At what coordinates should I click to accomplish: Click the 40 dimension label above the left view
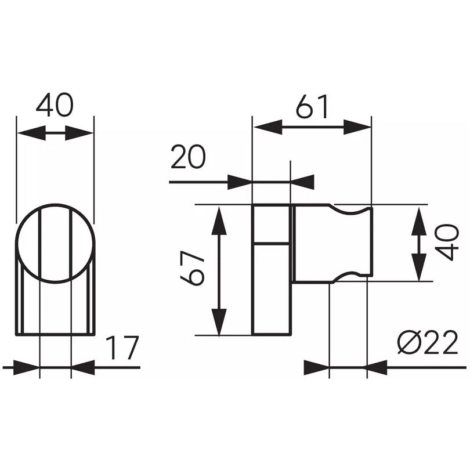coord(55,105)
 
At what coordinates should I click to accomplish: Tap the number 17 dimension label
coord(122,348)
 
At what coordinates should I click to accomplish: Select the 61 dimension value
coord(312,106)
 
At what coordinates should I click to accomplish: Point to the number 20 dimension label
coord(188,157)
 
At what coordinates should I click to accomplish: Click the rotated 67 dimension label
coord(192,268)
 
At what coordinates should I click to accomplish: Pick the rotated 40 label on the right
coord(447,243)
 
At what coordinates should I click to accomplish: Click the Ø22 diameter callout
coord(428,342)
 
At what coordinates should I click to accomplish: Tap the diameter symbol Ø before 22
coord(409,342)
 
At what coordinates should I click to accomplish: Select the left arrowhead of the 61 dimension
coord(267,127)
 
